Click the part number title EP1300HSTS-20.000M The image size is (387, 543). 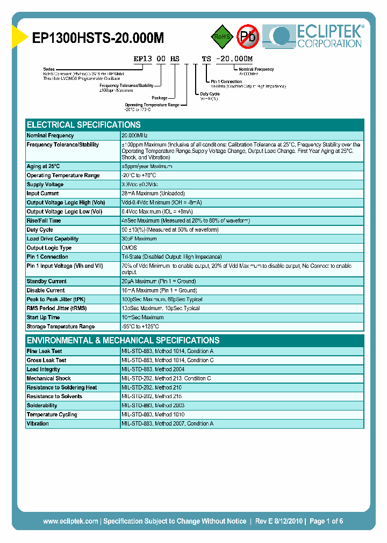point(98,38)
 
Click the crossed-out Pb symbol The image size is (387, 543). point(248,36)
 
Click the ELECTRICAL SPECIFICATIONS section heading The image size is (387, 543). point(84,124)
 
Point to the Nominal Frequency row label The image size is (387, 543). point(51,136)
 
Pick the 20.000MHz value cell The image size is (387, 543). point(134,136)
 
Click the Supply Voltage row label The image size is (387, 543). point(45,185)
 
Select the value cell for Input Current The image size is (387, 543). point(153,194)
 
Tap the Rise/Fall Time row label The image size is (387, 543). point(44,221)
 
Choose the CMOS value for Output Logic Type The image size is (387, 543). point(130,248)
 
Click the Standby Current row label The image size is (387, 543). point(47,281)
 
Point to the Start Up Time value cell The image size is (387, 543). point(142,318)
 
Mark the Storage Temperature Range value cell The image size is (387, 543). point(140,327)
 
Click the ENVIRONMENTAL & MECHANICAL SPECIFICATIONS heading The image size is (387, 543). point(123,340)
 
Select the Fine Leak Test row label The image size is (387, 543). point(45,351)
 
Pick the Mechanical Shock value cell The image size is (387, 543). point(166,378)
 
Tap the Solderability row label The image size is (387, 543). point(42,406)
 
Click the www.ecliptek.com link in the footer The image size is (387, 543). point(70,521)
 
